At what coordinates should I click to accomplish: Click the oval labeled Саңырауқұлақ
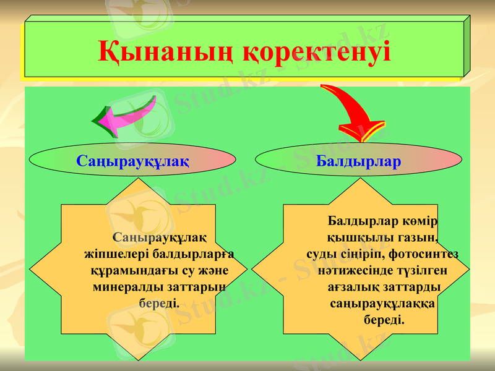coord(132,161)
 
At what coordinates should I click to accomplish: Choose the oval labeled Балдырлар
coord(359,161)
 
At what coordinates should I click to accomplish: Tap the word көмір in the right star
coord(423,221)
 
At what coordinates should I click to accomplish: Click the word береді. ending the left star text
coord(160,304)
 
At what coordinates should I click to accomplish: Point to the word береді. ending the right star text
coord(384,321)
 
